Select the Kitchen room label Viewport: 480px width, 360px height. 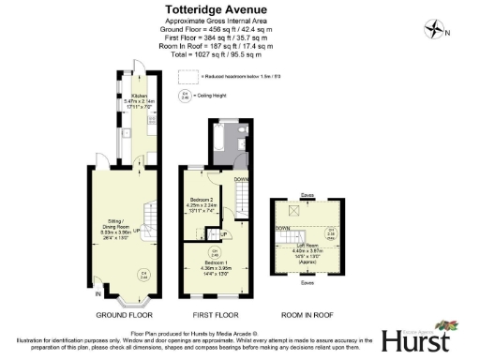click(139, 97)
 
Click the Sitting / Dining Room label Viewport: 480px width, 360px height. click(115, 224)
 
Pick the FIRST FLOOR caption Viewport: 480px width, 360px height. click(212, 315)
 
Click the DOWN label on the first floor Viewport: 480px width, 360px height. click(241, 178)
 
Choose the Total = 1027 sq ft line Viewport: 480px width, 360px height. click(218, 55)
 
